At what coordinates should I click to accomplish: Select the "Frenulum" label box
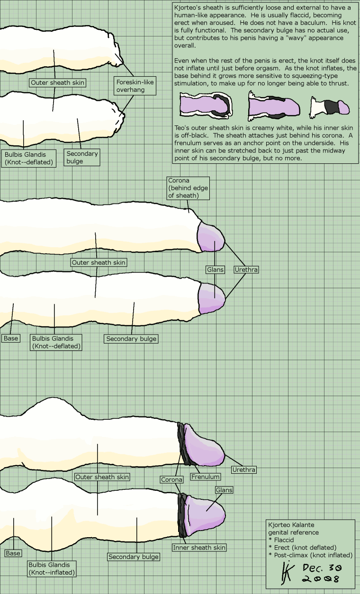(x=205, y=477)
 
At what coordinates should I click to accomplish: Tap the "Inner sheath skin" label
(x=199, y=548)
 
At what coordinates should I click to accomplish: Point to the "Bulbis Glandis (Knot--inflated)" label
(x=52, y=568)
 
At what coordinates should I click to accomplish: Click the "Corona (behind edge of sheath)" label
(x=188, y=188)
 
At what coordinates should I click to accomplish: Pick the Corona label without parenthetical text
(x=171, y=479)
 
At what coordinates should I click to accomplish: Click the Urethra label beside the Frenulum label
(x=244, y=470)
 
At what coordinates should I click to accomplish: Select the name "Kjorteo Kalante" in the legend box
(x=291, y=525)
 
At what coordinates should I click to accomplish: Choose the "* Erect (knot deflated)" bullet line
(x=302, y=547)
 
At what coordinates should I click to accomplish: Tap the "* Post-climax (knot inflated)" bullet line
(x=310, y=555)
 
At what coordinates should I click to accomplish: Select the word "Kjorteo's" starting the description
(x=188, y=8)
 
